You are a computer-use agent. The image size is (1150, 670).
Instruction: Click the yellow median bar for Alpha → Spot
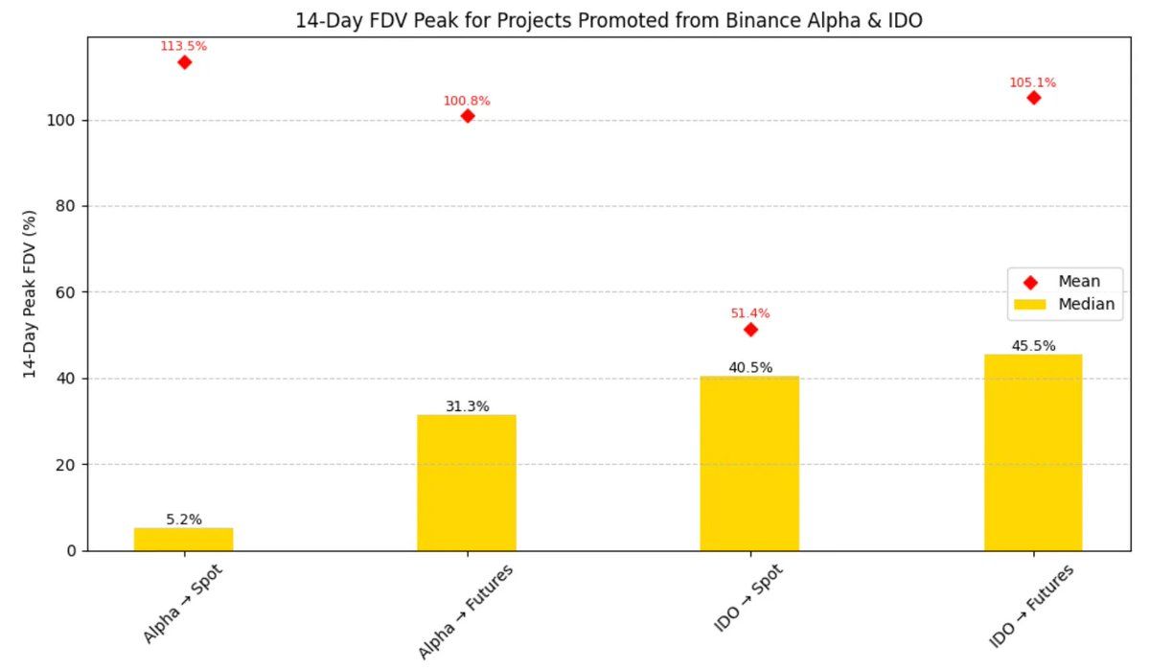(x=183, y=539)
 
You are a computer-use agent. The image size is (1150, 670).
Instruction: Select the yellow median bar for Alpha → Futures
(x=467, y=483)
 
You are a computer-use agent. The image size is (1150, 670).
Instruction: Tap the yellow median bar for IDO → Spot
(x=749, y=463)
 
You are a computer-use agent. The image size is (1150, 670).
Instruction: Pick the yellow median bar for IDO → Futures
(x=1032, y=452)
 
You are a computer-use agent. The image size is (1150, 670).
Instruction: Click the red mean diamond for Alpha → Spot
(x=184, y=62)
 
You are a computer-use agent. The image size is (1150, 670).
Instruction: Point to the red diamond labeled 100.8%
(x=468, y=116)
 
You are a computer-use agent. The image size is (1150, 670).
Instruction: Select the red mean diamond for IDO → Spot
(x=750, y=330)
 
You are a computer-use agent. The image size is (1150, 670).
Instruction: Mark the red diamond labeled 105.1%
(x=1033, y=98)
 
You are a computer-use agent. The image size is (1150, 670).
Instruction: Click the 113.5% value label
(x=183, y=45)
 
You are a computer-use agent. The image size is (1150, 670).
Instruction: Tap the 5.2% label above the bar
(x=184, y=520)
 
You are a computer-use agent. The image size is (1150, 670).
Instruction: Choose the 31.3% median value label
(x=467, y=406)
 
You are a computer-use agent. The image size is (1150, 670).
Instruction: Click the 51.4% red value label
(x=749, y=313)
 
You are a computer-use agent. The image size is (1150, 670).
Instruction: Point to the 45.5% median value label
(x=1033, y=346)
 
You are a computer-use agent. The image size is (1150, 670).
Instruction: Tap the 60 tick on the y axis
(x=67, y=292)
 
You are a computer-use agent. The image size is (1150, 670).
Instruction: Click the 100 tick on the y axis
(x=63, y=121)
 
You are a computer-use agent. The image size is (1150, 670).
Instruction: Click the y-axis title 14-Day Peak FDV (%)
(x=32, y=293)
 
